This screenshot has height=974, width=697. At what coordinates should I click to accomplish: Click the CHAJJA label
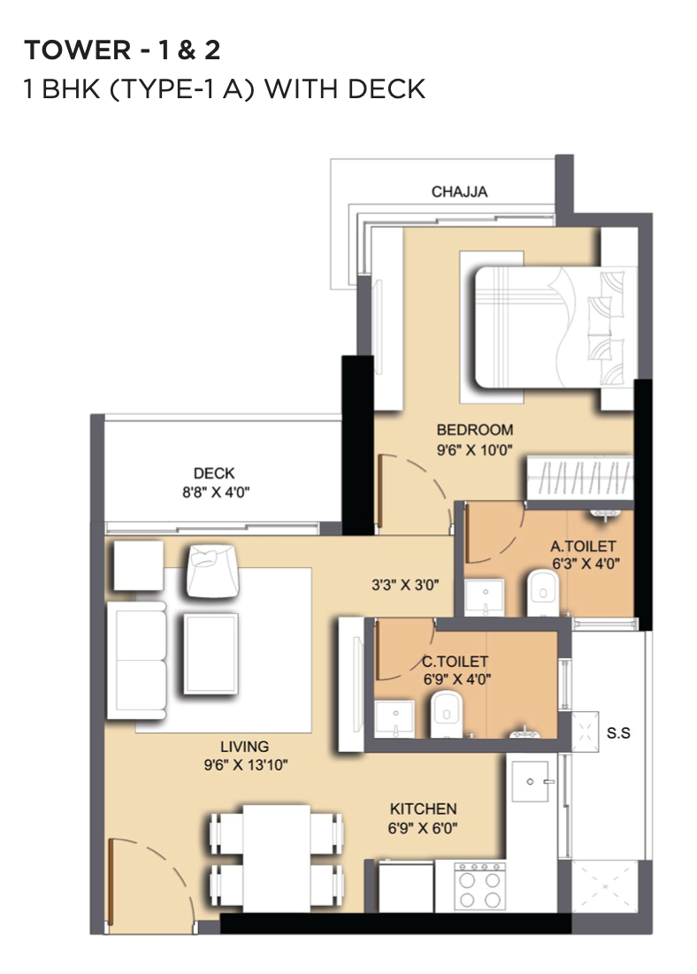459,192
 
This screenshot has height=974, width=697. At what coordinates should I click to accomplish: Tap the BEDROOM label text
475,430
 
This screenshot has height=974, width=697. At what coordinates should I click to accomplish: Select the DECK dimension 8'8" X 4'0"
216,493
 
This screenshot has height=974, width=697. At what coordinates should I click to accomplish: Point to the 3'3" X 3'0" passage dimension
405,585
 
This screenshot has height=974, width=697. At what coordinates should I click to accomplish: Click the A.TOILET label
583,546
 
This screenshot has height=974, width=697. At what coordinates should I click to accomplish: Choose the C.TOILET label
455,662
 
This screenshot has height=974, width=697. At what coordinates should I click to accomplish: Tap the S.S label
618,733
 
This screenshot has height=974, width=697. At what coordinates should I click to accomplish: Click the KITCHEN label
423,809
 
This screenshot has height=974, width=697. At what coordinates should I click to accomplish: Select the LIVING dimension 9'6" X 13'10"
245,765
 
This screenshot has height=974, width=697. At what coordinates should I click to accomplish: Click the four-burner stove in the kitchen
479,886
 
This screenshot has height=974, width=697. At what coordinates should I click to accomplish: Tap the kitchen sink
530,781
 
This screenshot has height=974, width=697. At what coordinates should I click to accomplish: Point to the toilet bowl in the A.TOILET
543,594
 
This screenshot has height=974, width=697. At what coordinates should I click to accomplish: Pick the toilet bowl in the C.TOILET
447,714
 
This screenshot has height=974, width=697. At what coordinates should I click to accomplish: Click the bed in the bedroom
555,328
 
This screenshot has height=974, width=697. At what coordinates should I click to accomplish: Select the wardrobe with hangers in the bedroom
579,478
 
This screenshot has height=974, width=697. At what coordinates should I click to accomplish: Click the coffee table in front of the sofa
211,653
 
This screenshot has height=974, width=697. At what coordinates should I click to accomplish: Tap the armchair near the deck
212,571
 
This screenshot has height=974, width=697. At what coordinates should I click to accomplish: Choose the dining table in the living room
277,858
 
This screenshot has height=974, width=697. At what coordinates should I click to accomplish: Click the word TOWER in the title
78,50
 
